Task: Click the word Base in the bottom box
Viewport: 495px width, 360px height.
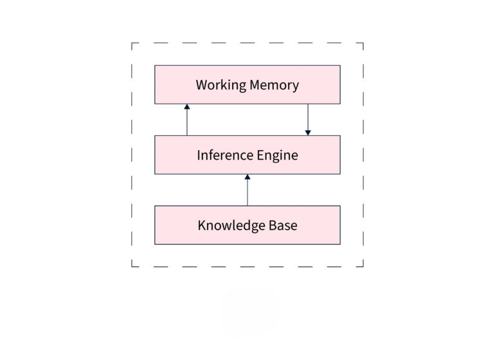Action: pos(282,225)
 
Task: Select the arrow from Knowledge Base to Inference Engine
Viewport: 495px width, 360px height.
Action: pos(247,191)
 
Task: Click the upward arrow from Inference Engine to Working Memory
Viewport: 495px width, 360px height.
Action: pos(187,121)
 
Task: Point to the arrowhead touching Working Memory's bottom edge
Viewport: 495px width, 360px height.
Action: pos(187,106)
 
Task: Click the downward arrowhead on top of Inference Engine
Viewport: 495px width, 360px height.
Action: pos(308,133)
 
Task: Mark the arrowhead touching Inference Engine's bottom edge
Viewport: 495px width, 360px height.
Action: pos(247,176)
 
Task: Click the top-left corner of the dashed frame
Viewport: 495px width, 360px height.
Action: pos(132,43)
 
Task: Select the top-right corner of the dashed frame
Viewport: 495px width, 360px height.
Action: pos(363,43)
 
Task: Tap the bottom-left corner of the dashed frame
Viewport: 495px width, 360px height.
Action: pos(132,266)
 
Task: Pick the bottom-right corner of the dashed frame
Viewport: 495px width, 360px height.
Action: pos(363,266)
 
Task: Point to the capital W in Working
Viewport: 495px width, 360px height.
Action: pos(200,85)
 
